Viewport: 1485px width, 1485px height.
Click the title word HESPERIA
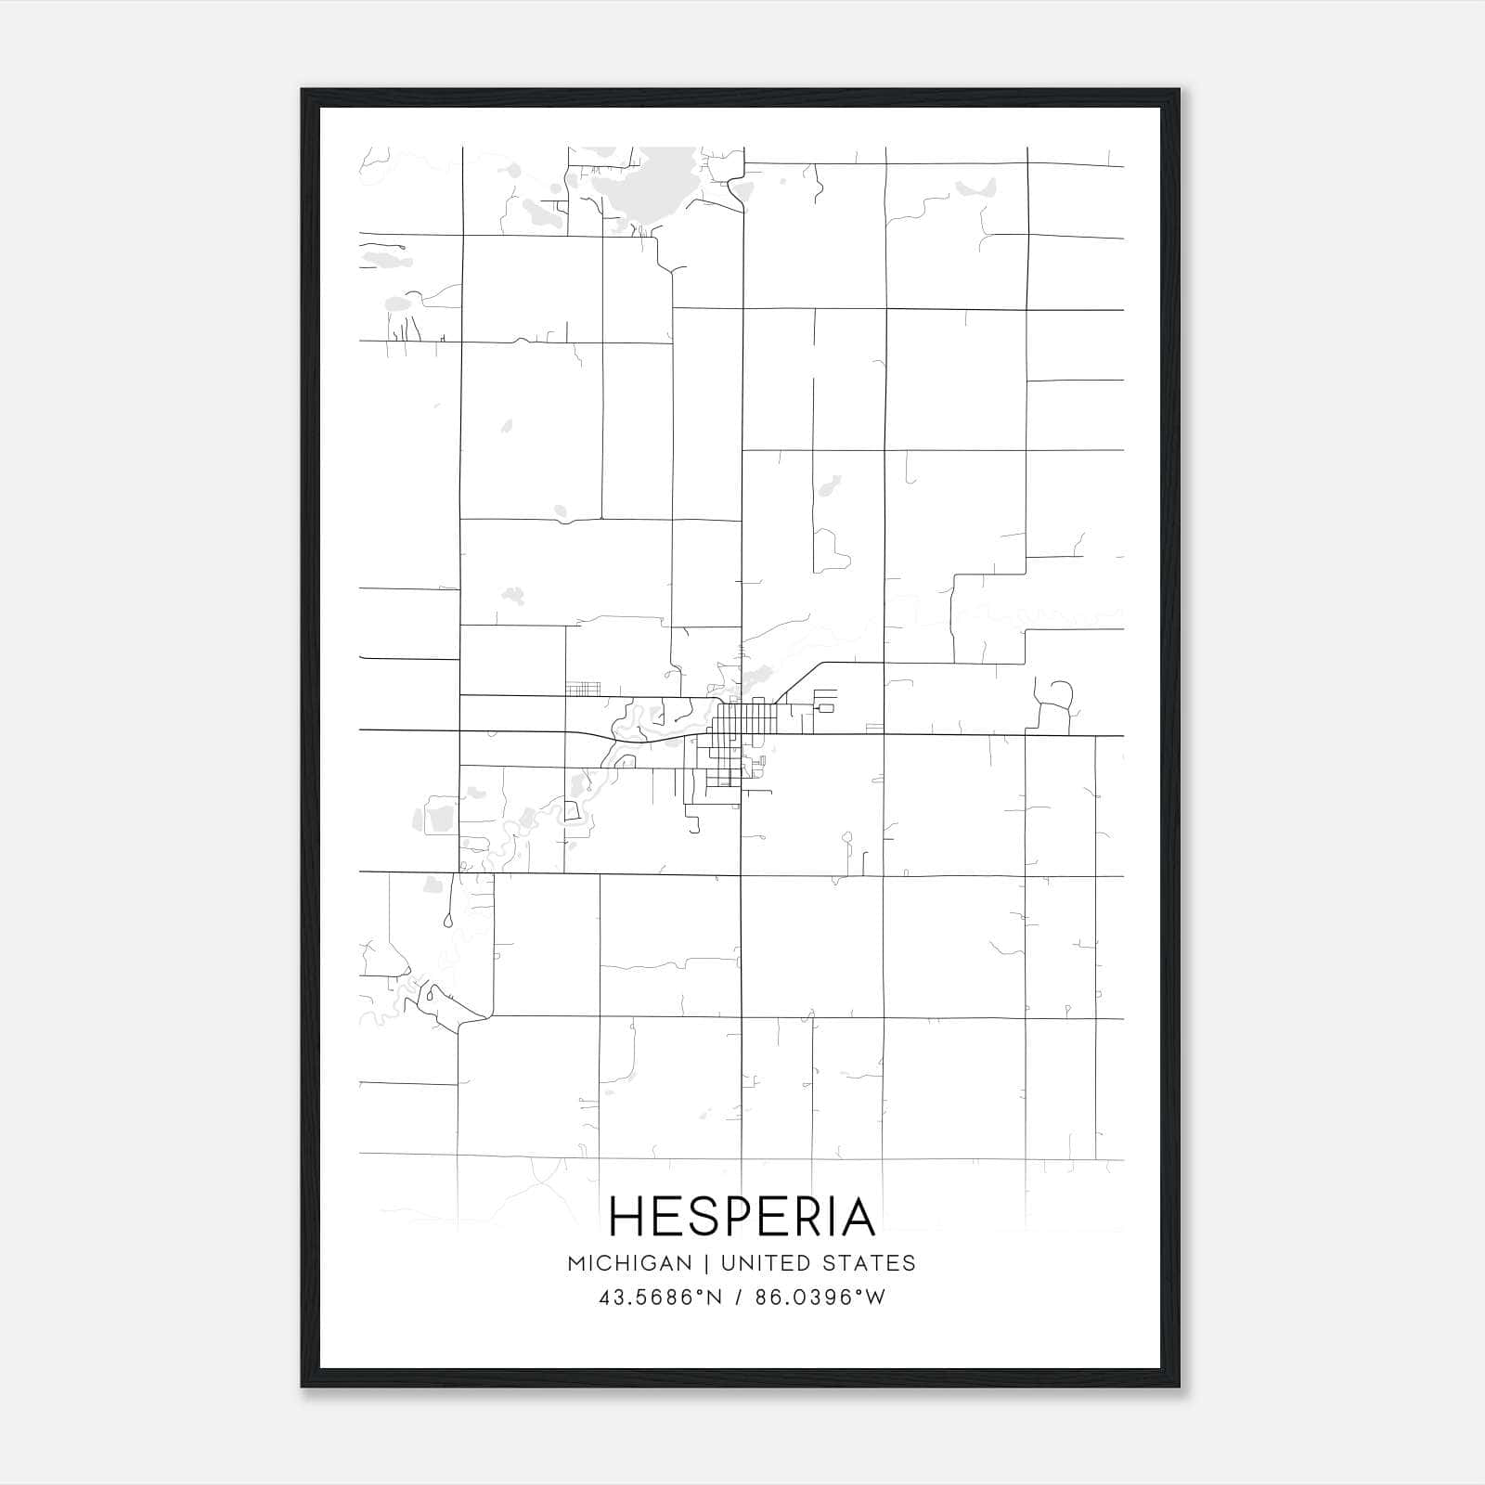pos(742,1217)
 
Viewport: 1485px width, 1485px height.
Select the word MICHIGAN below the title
pos(629,1263)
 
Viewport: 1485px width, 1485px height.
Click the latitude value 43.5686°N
pos(660,1298)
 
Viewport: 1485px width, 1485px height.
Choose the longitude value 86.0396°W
pos(820,1298)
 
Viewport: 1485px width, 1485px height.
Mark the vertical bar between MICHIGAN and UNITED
pos(706,1263)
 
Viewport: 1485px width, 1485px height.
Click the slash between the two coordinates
pos(739,1298)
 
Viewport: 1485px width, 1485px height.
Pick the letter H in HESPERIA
pos(627,1217)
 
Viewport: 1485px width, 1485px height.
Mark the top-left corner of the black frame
pos(303,91)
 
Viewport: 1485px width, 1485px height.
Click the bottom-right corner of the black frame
pos(1178,1386)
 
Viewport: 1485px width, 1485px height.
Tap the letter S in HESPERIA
pos(695,1217)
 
